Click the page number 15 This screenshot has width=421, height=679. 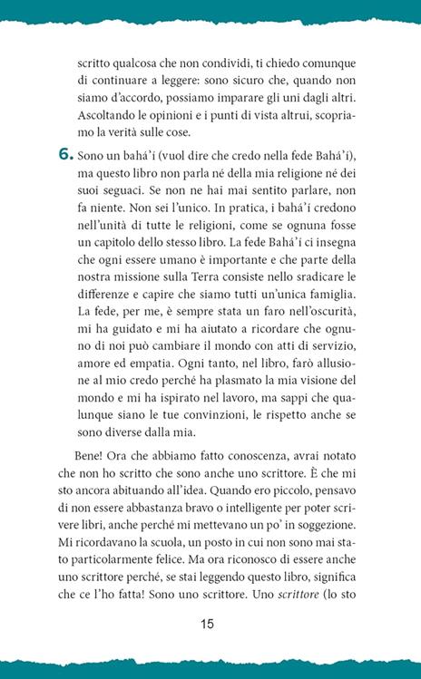(x=210, y=624)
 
